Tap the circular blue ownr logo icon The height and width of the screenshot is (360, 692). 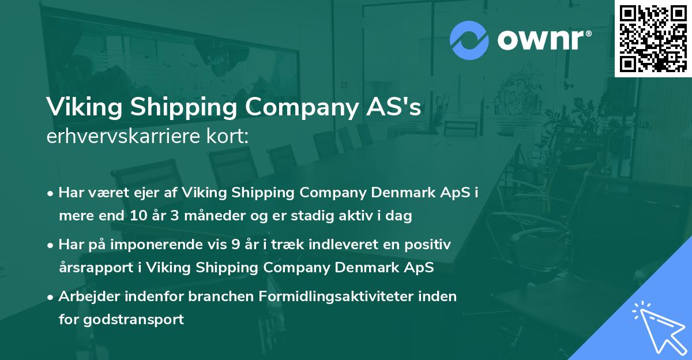(469, 40)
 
